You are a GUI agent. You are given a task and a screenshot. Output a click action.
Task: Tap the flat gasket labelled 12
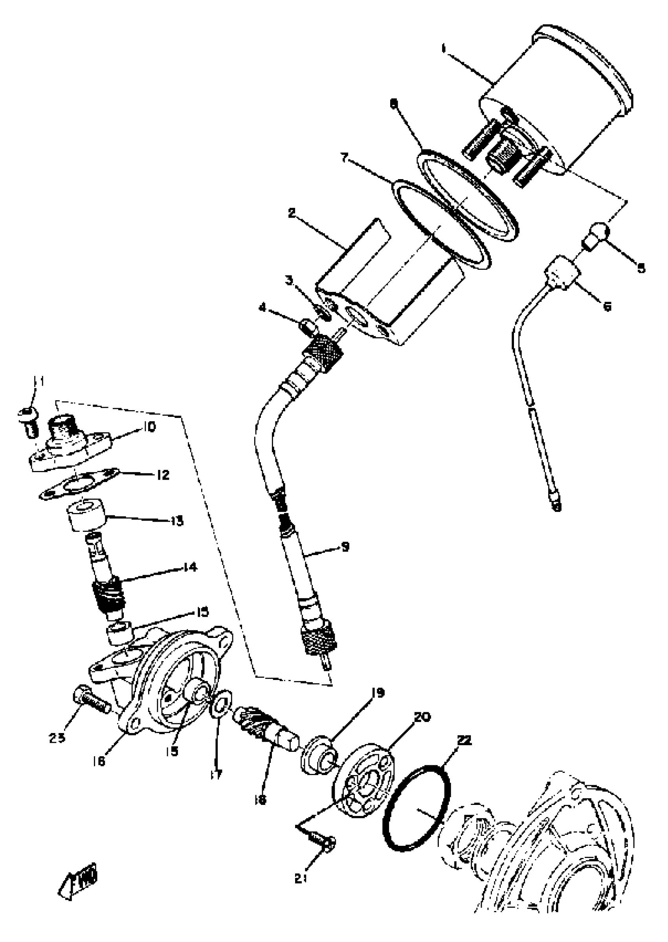[x=78, y=485]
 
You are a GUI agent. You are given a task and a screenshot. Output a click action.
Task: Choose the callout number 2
[x=292, y=214]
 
